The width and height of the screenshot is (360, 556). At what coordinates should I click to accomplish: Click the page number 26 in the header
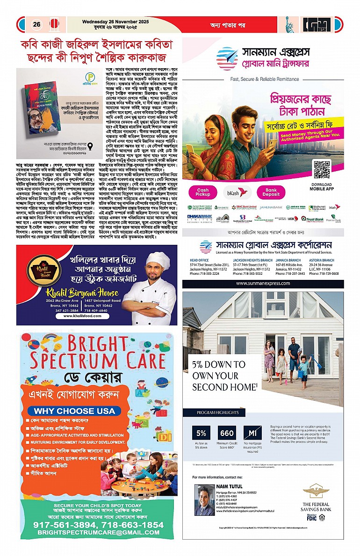36,24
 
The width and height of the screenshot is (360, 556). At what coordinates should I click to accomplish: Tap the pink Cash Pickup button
203,192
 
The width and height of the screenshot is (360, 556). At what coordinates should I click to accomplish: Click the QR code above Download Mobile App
321,169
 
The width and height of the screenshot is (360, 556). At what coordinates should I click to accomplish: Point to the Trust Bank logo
312,218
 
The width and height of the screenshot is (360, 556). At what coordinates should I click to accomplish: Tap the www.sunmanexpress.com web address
263,284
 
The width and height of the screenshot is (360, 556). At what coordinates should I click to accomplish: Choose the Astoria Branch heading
321,260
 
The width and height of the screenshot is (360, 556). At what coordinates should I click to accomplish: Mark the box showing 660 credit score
227,433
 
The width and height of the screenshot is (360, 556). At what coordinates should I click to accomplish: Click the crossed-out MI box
252,433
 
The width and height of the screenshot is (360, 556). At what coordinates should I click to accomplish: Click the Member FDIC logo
311,517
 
